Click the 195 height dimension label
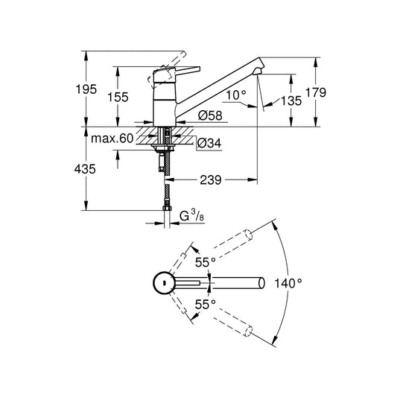86,89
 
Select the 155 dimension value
118,97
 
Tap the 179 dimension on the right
316,92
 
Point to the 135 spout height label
291,101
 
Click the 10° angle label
236,95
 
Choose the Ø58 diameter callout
210,115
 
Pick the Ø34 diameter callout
209,143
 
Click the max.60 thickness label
112,139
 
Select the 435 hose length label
85,169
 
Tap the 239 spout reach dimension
211,180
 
